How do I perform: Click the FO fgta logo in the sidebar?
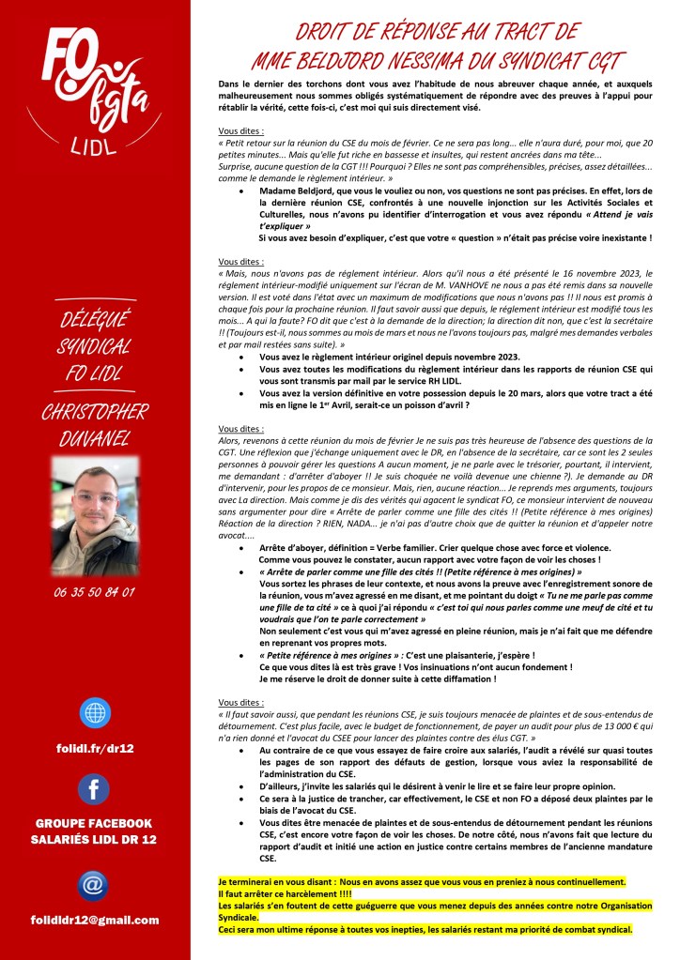coord(95,80)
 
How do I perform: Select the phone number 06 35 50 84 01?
coord(95,592)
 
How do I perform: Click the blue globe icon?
coord(95,711)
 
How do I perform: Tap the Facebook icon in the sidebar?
coord(94,788)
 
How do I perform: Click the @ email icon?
coord(94,885)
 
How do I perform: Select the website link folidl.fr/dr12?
coord(95,747)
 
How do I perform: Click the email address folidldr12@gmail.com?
coord(95,920)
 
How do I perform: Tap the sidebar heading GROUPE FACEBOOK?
coord(95,824)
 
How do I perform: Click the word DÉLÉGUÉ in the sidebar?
coord(95,316)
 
